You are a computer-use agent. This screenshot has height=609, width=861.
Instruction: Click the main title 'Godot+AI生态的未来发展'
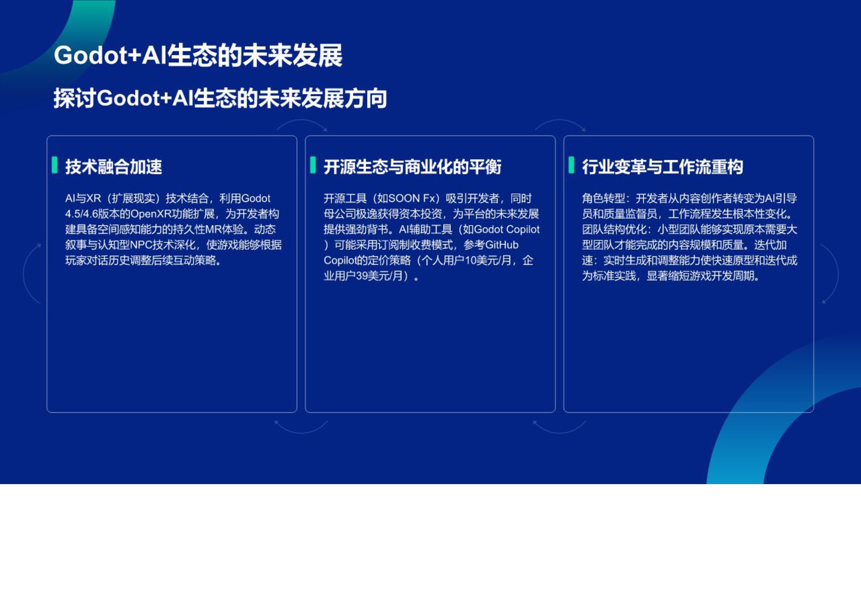click(x=198, y=56)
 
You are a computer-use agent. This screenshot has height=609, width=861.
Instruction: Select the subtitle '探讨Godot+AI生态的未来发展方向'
click(x=220, y=98)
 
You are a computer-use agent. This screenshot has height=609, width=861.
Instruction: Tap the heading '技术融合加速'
click(x=114, y=167)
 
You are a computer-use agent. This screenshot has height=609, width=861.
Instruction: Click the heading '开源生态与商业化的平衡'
click(x=413, y=167)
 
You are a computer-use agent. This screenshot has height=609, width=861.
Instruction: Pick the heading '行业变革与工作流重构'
click(x=662, y=167)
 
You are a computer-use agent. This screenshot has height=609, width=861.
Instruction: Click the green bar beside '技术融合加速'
click(x=55, y=165)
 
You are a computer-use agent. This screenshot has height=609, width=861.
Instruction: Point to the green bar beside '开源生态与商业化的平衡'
click(x=313, y=165)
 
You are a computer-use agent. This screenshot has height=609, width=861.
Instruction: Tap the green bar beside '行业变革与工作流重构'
click(x=571, y=165)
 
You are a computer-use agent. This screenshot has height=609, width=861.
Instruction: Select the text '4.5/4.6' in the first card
click(x=81, y=214)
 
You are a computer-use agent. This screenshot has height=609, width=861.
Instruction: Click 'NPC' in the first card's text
click(x=141, y=245)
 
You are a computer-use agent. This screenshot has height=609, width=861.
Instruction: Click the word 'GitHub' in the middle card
click(x=502, y=245)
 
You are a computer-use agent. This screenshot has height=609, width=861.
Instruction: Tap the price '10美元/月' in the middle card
click(x=488, y=260)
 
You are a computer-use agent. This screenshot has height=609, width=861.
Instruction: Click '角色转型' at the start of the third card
click(x=603, y=199)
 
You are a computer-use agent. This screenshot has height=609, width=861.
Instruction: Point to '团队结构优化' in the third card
click(x=614, y=229)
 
